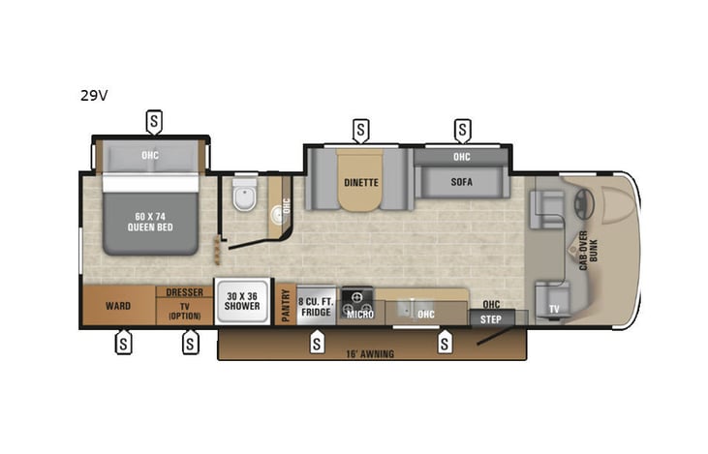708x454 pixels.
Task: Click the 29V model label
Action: (94, 96)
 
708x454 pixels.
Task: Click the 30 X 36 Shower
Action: (243, 301)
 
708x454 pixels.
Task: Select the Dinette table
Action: (360, 181)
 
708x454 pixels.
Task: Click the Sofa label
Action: (462, 181)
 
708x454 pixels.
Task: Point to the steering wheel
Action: (581, 205)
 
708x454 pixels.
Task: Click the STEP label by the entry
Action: (491, 318)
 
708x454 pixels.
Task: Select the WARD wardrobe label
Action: (118, 306)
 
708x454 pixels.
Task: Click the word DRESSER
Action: (184, 292)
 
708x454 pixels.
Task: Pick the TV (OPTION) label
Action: (184, 310)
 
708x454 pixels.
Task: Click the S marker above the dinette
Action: (360, 128)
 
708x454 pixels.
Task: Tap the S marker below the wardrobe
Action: (123, 342)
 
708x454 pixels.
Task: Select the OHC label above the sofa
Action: (462, 157)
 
